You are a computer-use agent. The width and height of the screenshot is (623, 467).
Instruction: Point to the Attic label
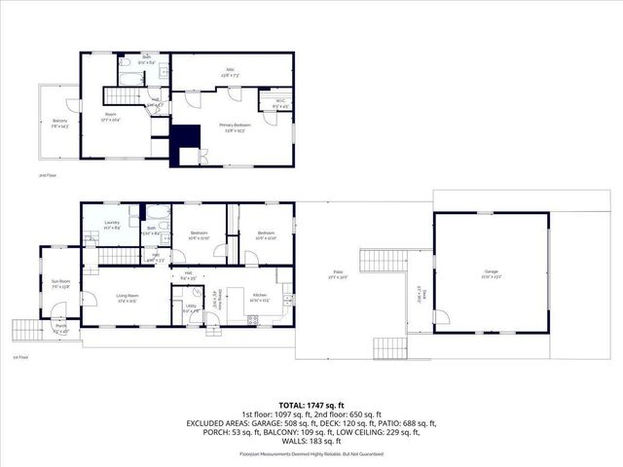pyautogui.click(x=232, y=71)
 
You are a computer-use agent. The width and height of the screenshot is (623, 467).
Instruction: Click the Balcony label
pyautogui.click(x=59, y=122)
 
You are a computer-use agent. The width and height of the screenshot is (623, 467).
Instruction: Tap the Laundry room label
pyautogui.click(x=112, y=223)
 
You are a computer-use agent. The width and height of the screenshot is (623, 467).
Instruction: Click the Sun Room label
pyautogui.click(x=60, y=284)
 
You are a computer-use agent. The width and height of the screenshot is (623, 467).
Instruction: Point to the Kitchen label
pyautogui.click(x=259, y=296)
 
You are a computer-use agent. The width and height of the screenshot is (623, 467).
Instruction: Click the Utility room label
pyautogui.click(x=190, y=308)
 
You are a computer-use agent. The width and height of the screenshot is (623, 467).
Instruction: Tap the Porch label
pyautogui.click(x=60, y=328)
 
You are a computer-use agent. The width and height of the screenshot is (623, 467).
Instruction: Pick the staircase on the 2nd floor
pyautogui.click(x=123, y=95)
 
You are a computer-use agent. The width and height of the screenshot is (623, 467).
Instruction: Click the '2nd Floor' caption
pyautogui.click(x=47, y=176)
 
